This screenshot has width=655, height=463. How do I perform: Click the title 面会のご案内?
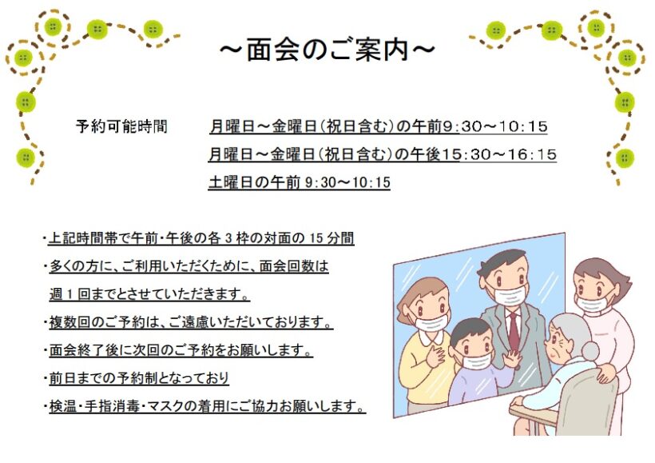coord(327,50)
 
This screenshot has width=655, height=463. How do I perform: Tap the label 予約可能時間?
coord(121,126)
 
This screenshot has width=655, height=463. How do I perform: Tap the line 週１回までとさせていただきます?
coord(149,294)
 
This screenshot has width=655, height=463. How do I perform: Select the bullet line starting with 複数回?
coord(191,322)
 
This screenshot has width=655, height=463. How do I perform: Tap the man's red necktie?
coord(514,332)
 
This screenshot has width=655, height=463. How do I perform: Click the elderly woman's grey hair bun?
coord(589,350)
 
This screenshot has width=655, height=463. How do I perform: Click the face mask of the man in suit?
coord(510,295)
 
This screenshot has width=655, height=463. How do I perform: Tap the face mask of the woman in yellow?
coord(433,322)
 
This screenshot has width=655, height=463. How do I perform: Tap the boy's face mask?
coord(476,361)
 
